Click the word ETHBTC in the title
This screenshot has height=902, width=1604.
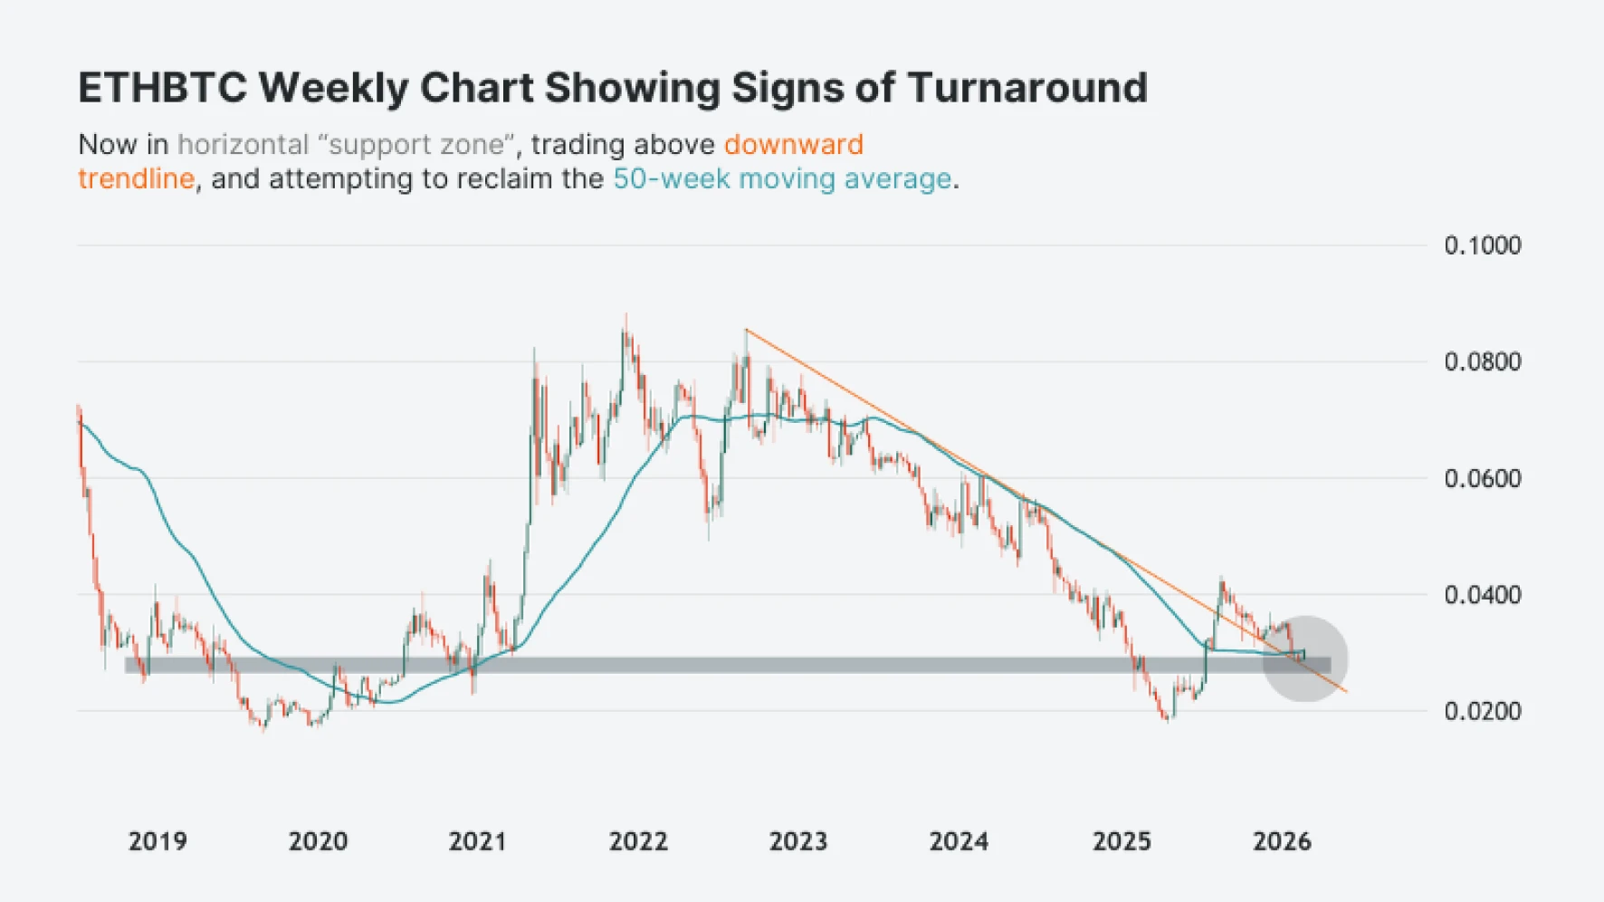point(162,88)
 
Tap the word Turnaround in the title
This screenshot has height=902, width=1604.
point(1027,88)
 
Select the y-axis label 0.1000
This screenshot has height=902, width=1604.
point(1482,245)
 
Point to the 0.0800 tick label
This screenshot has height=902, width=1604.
point(1482,362)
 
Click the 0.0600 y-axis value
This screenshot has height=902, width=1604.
point(1482,478)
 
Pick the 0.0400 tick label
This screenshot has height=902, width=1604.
point(1482,595)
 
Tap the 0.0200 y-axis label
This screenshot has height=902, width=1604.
point(1482,712)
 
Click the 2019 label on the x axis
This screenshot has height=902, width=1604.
point(158,841)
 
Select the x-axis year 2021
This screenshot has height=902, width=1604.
point(477,841)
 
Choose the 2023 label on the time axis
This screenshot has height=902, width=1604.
point(797,841)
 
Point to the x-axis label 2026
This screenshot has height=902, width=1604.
point(1281,841)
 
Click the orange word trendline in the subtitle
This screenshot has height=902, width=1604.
point(136,179)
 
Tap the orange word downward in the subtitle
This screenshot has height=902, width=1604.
point(793,145)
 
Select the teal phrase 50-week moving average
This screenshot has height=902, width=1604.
point(782,179)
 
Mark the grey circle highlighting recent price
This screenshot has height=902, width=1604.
point(1304,659)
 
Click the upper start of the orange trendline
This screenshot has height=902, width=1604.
point(747,331)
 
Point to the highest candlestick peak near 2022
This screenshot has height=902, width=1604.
point(625,317)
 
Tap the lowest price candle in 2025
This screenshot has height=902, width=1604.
point(1168,719)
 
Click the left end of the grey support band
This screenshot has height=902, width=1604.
point(128,666)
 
